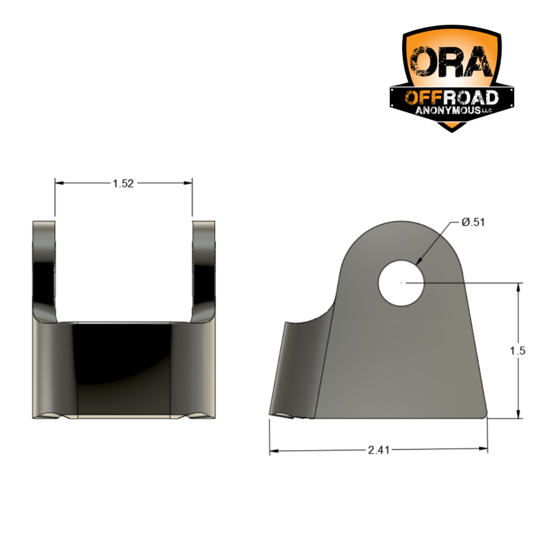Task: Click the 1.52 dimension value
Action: pyautogui.click(x=123, y=183)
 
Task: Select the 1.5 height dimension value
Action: pyautogui.click(x=518, y=351)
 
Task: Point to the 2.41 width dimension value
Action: pyautogui.click(x=379, y=450)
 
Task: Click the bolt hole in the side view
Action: pyautogui.click(x=401, y=283)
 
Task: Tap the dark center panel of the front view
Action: pyautogui.click(x=124, y=369)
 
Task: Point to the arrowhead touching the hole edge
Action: pyautogui.click(x=418, y=261)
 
